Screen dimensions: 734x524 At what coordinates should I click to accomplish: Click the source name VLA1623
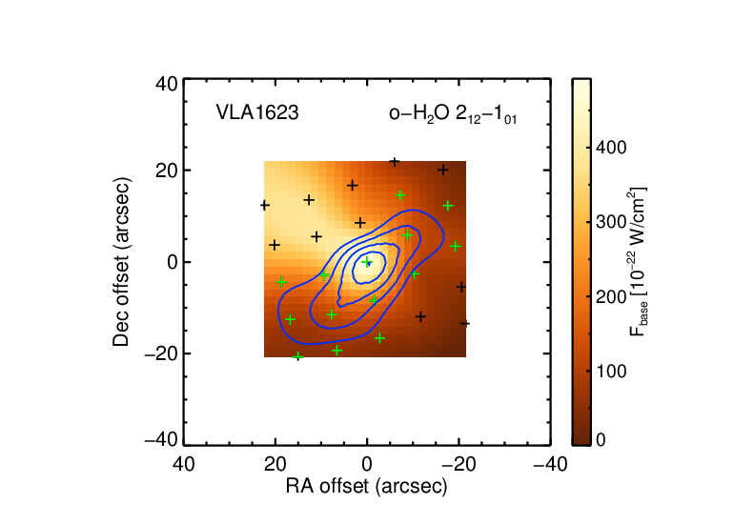point(257,112)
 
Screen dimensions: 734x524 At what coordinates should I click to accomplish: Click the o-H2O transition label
point(453,114)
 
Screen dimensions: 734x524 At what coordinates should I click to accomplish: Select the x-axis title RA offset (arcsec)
point(367,487)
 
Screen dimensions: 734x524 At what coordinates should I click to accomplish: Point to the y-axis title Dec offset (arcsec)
point(121,262)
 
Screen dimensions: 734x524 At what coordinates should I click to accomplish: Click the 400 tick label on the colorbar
point(611,148)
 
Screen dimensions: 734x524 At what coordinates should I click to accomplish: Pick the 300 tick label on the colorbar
point(611,222)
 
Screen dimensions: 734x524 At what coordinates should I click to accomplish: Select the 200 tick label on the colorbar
point(611,296)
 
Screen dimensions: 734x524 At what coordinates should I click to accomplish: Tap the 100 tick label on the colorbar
point(611,371)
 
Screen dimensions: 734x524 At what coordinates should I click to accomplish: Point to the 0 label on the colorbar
point(601,440)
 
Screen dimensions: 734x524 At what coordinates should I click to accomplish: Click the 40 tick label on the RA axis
point(183,464)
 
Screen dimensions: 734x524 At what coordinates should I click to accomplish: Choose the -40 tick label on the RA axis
point(551,464)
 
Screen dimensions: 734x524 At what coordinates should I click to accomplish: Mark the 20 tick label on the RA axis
point(275,464)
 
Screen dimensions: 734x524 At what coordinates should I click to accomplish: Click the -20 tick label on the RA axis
point(459,464)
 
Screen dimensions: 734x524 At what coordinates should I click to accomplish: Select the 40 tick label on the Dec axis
point(167,84)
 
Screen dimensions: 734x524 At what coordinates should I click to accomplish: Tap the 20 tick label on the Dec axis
point(167,171)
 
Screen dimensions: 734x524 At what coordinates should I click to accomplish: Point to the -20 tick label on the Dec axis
point(161,353)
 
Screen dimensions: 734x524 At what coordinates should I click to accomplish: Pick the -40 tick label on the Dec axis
point(161,440)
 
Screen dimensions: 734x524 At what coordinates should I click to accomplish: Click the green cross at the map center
point(367,262)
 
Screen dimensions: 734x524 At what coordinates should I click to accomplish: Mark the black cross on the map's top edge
point(395,162)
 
